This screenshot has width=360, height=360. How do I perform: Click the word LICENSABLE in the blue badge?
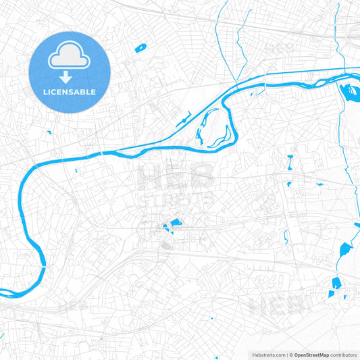[x=70, y=92]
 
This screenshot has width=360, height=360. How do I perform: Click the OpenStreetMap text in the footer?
[x=311, y=354]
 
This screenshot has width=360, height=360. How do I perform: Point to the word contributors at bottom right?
[x=344, y=354]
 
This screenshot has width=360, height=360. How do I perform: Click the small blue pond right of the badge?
[x=140, y=48]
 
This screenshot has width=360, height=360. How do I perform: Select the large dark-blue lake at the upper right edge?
[x=352, y=93]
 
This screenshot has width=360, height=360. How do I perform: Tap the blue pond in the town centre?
[x=176, y=222]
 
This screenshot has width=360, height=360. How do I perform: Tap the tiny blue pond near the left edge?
[x=49, y=131]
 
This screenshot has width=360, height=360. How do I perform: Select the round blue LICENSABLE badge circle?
[x=70, y=72]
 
